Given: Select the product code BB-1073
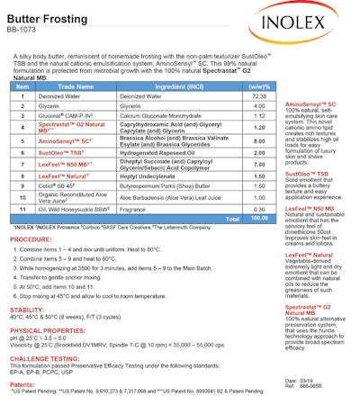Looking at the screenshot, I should [26, 30].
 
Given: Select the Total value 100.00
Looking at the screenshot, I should [259, 217].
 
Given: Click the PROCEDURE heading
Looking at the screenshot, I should [31, 240].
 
